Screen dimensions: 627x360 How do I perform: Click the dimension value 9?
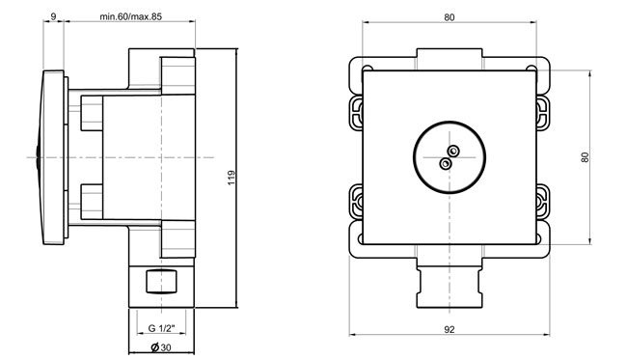tap(54, 16)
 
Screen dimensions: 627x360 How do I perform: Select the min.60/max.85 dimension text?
tap(131, 16)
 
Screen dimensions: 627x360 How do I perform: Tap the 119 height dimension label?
tap(232, 178)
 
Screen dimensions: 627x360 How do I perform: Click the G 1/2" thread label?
tap(161, 328)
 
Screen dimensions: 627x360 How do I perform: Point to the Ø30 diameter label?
tap(161, 347)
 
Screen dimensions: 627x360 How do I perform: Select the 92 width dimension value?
tap(450, 330)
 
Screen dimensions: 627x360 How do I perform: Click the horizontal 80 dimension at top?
tap(450, 17)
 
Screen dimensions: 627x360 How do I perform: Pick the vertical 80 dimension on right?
tap(585, 157)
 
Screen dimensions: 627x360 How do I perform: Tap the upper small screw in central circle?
tap(453, 151)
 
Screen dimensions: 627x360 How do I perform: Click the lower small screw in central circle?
tap(446, 163)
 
